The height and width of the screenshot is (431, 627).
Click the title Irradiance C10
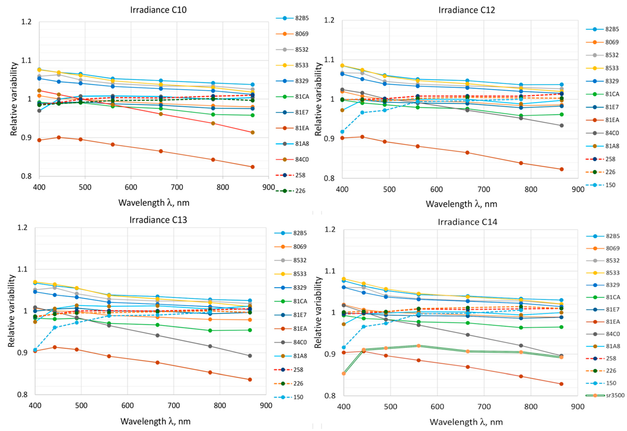click(x=158, y=10)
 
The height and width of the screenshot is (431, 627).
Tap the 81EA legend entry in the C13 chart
click(x=300, y=329)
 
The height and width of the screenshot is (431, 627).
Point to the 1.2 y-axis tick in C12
click(x=330, y=20)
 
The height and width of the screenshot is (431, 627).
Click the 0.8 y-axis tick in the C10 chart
click(x=26, y=176)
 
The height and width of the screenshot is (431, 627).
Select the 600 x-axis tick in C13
click(x=127, y=406)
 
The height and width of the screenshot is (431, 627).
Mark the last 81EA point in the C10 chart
click(x=252, y=167)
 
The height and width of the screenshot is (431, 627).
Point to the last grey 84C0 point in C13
click(x=250, y=356)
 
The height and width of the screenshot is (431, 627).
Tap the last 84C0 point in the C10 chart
click(x=252, y=132)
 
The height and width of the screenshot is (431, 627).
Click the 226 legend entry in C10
click(x=300, y=191)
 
